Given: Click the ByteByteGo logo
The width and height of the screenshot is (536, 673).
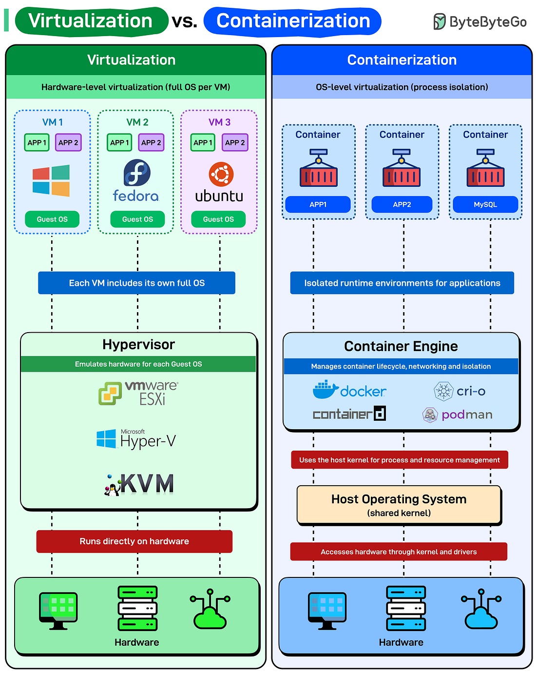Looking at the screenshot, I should pos(480,22).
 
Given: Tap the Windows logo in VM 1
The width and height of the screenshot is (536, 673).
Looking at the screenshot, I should pos(51,181).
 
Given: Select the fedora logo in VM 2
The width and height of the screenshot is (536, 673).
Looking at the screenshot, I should pos(136,181).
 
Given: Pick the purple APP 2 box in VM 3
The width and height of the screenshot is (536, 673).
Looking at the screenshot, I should pos(235,142).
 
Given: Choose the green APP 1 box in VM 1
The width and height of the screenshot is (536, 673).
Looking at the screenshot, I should pos(37,142).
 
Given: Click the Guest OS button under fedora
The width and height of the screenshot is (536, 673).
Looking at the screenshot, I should pos(137,219).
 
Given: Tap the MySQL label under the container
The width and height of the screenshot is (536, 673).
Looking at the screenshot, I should pos(485,205).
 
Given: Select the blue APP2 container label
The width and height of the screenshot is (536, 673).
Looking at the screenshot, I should pos(402,205).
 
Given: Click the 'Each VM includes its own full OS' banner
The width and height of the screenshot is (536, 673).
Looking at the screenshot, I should pos(136,283).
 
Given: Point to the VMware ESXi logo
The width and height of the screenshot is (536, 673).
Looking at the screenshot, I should pos(138,394).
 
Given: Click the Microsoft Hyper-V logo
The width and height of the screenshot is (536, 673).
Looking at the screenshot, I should pos(136,439).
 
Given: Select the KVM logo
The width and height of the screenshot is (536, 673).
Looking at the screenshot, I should pos(139,484).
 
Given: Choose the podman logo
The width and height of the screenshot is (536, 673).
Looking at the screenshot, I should pos(457,415).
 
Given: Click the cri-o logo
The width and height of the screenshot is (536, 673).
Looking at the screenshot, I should pos(459,391).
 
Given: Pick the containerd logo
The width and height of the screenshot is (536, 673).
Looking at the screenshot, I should pos(349,414).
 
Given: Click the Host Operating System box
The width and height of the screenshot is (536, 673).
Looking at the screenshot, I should pos(399,505).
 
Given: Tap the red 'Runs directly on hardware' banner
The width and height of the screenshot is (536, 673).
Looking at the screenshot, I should pos(134,541).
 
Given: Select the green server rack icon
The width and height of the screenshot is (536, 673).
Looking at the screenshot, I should pos(137,609).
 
